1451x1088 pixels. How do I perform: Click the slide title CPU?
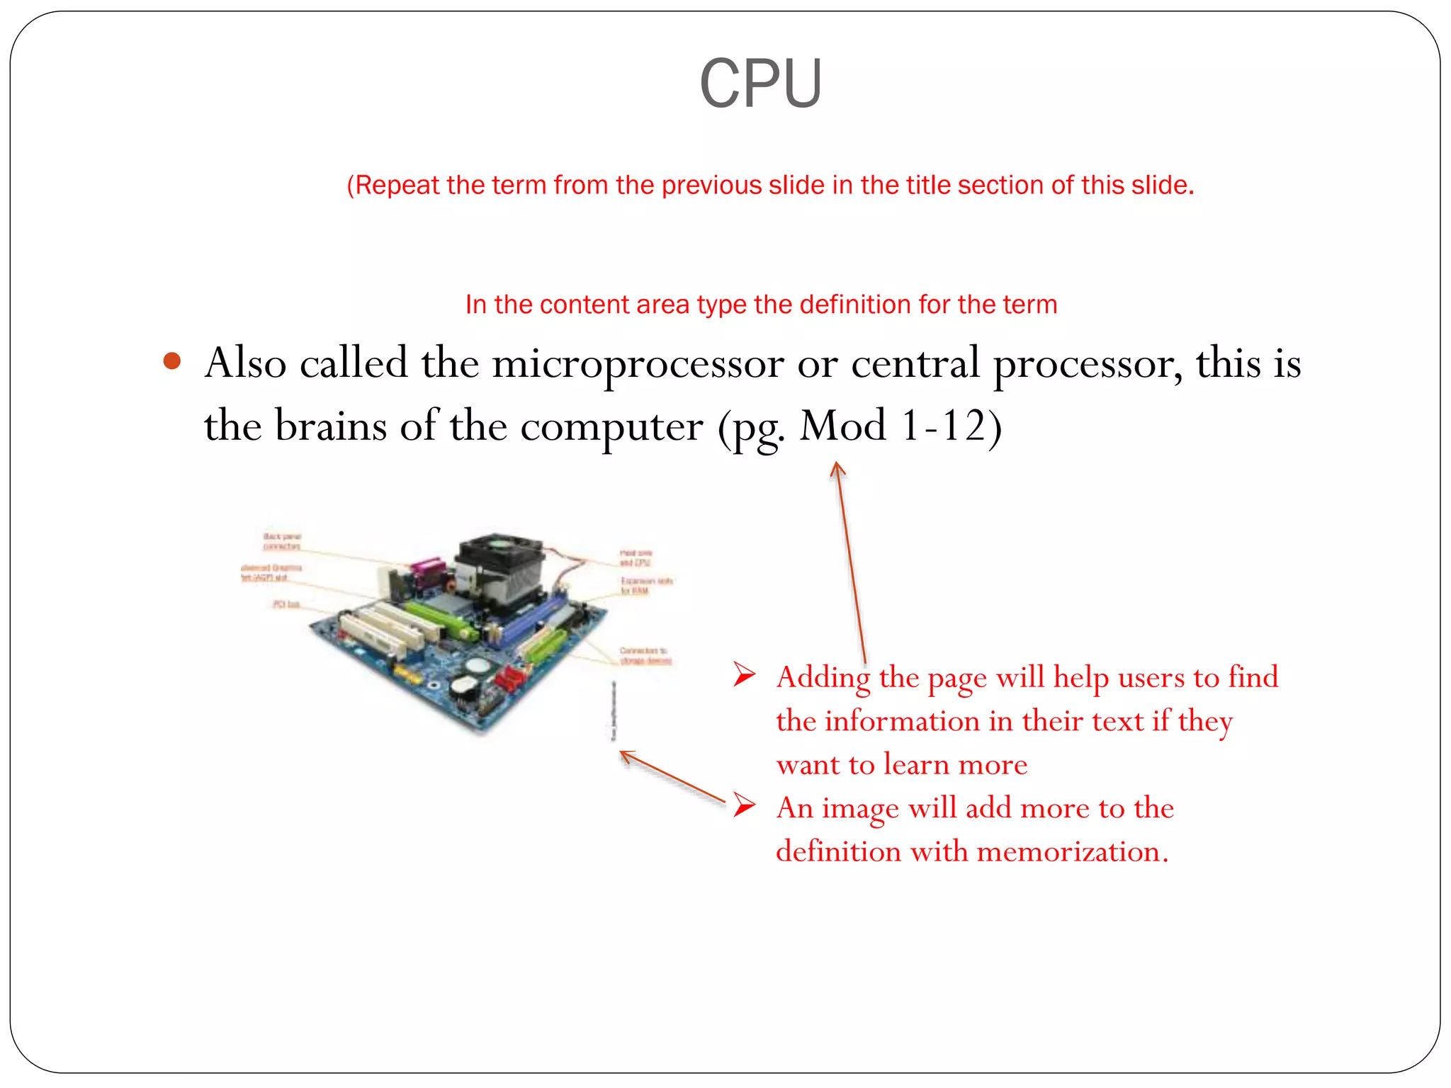tap(760, 84)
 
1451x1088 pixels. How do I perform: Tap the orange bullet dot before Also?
tap(172, 362)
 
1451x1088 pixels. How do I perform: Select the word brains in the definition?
tap(330, 426)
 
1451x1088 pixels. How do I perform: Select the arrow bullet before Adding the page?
tap(744, 674)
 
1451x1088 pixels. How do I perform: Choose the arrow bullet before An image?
tap(744, 805)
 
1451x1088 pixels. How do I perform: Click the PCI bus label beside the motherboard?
tap(286, 604)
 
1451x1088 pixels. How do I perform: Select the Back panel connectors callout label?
tap(282, 542)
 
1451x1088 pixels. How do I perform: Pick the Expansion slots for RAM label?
tap(645, 586)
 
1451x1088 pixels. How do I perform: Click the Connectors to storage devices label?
tap(644, 655)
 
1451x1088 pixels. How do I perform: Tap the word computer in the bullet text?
tap(611, 426)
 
